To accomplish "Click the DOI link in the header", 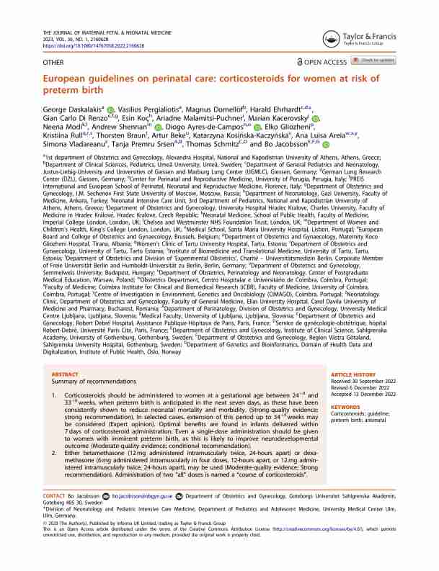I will [x=84, y=45].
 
